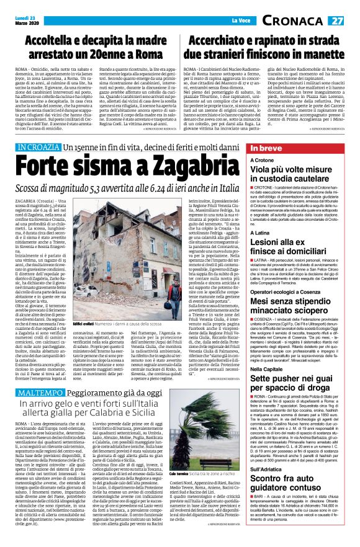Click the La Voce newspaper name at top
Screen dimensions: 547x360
pos(179,21)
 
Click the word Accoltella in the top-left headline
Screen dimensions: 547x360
pos(66,42)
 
